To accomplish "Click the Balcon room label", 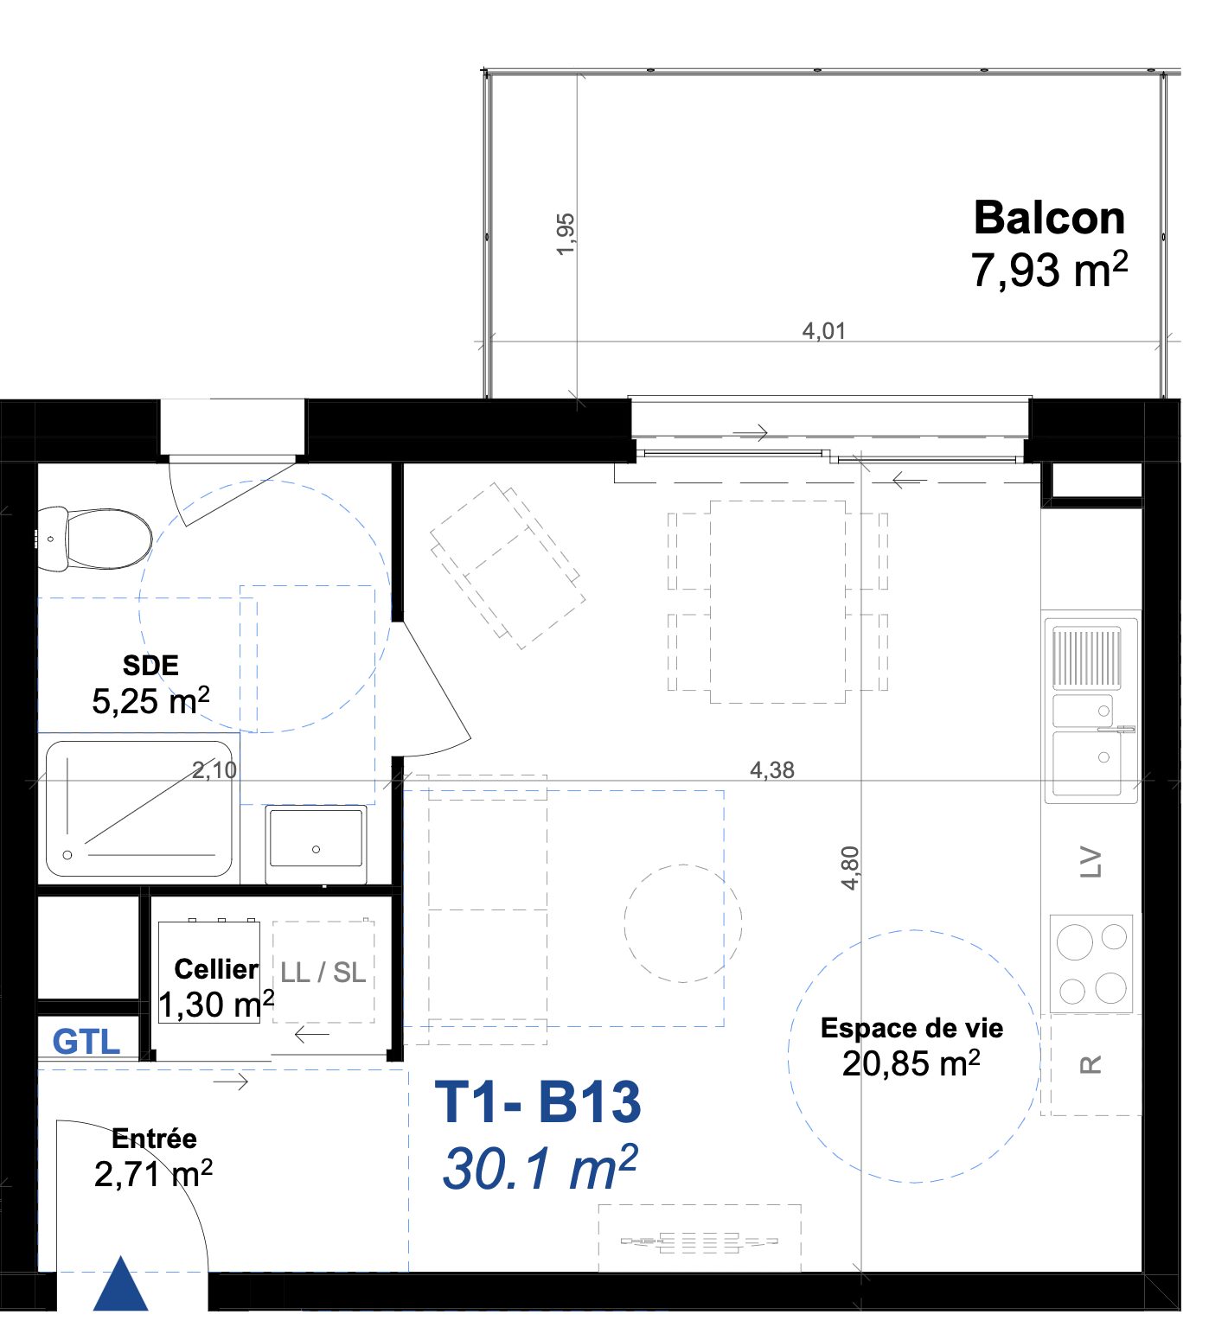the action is coord(1049,218).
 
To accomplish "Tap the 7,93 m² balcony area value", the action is coord(1049,270).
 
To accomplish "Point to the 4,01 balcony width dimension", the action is coord(823,330).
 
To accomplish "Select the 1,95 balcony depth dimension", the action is coord(565,234).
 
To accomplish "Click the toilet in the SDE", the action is coord(94,539).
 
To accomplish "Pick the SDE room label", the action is coord(150,665).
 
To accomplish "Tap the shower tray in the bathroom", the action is coord(139,807).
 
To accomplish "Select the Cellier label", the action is coord(216,969).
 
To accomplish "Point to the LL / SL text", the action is coord(323,973).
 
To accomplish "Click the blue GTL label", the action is coord(86,1042).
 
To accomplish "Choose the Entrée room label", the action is coord(154,1139).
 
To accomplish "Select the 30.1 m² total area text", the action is coord(540,1167).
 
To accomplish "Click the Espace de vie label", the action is coord(911,1028).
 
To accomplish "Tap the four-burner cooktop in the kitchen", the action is coord(1091,963).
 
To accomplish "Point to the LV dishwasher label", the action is coord(1091,862).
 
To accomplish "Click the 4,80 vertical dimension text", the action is coord(850,868).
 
